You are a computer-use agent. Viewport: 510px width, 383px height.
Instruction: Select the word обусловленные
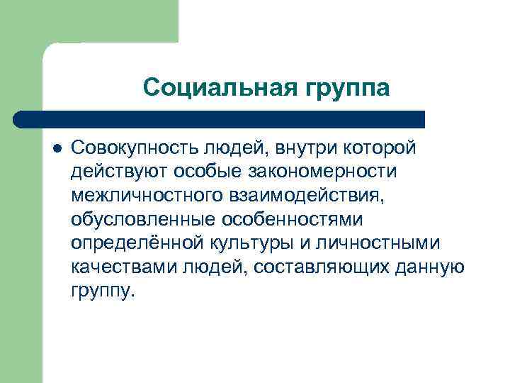coord(132,220)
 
